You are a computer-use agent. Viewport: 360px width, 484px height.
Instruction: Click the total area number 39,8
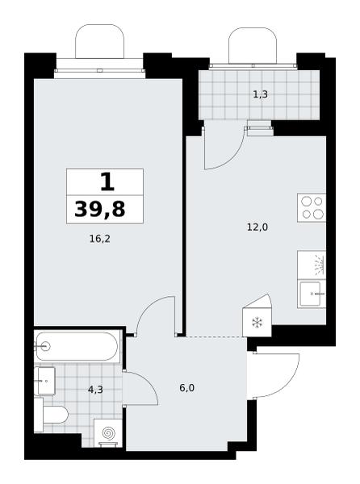(x=100, y=209)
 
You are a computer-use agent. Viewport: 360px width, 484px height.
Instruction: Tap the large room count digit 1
(x=107, y=181)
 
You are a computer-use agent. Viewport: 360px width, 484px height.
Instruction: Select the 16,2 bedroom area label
(x=100, y=239)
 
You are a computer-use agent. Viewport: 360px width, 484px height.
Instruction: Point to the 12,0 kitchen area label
(x=257, y=227)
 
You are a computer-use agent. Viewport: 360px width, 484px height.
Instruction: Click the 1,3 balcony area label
(x=260, y=94)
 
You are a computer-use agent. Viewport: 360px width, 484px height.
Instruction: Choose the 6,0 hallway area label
(x=186, y=388)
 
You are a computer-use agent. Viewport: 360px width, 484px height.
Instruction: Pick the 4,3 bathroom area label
(x=95, y=390)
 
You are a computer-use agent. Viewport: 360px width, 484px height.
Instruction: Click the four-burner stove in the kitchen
(x=312, y=207)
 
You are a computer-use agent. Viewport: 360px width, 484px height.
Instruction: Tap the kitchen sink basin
(x=312, y=294)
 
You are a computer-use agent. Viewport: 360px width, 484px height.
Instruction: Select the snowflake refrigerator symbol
(x=257, y=323)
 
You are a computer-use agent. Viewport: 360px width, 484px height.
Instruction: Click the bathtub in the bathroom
(x=77, y=346)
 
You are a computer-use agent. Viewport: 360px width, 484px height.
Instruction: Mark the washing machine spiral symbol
(x=108, y=432)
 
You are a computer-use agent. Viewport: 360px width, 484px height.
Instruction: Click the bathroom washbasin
(x=44, y=381)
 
